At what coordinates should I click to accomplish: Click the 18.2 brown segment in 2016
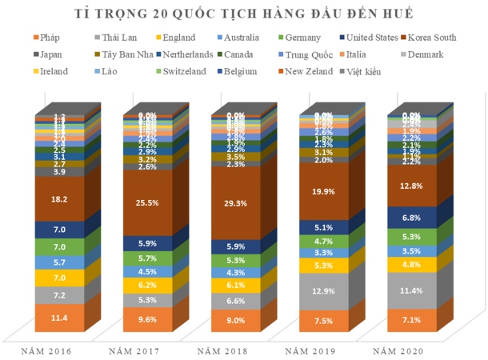[x=59, y=198]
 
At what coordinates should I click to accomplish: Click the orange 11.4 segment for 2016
[x=59, y=318]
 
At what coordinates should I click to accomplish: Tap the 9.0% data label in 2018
[x=238, y=321]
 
